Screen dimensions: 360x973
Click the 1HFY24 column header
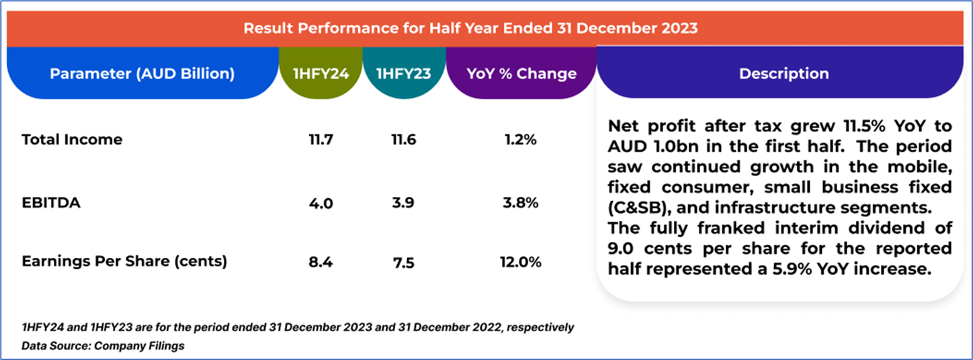[x=321, y=74]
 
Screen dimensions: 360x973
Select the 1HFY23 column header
[x=404, y=74]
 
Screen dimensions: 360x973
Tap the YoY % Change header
[x=521, y=74]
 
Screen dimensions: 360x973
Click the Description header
[x=784, y=74]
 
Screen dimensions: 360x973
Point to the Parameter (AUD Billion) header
[x=142, y=74]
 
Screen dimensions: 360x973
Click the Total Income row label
[x=72, y=140]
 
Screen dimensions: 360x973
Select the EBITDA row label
[x=51, y=201]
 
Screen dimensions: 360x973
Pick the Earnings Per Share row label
[x=124, y=261]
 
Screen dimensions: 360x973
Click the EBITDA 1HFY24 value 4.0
[x=321, y=202]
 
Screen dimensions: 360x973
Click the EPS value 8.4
[x=321, y=262]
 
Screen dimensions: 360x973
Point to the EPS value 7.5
[x=404, y=262]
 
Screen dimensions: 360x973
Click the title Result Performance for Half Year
[x=470, y=28]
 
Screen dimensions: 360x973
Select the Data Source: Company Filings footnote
[x=103, y=346]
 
